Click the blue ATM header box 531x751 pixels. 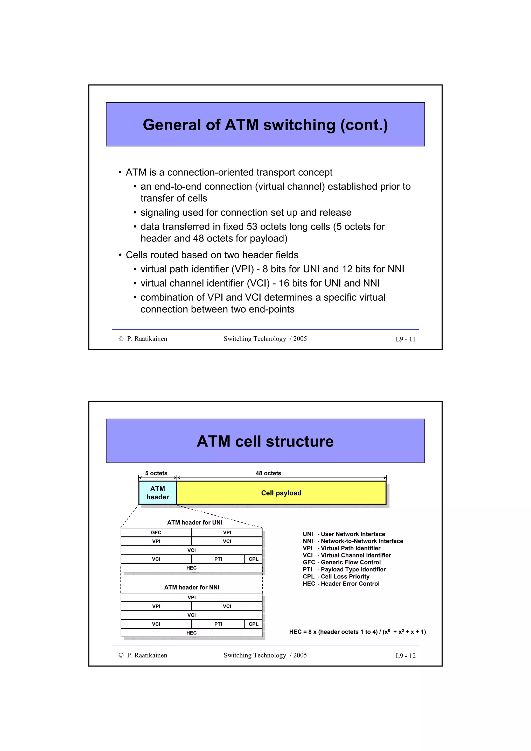tap(157, 493)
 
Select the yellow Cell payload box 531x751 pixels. tap(281, 493)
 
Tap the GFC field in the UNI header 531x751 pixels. tap(156, 533)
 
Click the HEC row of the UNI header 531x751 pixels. tap(191, 568)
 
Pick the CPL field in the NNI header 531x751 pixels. tap(254, 624)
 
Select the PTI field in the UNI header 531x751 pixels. tap(218, 559)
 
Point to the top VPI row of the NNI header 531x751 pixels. tap(191, 597)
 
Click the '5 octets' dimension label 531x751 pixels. tap(156, 473)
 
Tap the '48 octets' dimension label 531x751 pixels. tap(268, 473)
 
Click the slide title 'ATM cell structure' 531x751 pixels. tap(265, 441)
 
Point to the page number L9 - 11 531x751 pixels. tap(405, 339)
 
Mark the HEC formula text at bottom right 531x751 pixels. tap(357, 632)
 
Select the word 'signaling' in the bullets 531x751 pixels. tap(160, 212)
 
